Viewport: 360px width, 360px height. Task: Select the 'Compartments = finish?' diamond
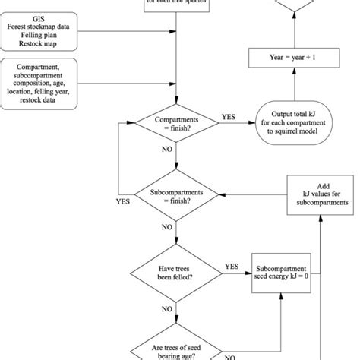[176, 123]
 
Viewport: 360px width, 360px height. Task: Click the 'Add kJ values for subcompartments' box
[324, 194]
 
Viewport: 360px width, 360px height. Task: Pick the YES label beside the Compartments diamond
[228, 117]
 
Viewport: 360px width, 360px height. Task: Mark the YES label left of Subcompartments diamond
[122, 203]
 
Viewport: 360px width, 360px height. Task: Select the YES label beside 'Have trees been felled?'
[232, 267]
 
